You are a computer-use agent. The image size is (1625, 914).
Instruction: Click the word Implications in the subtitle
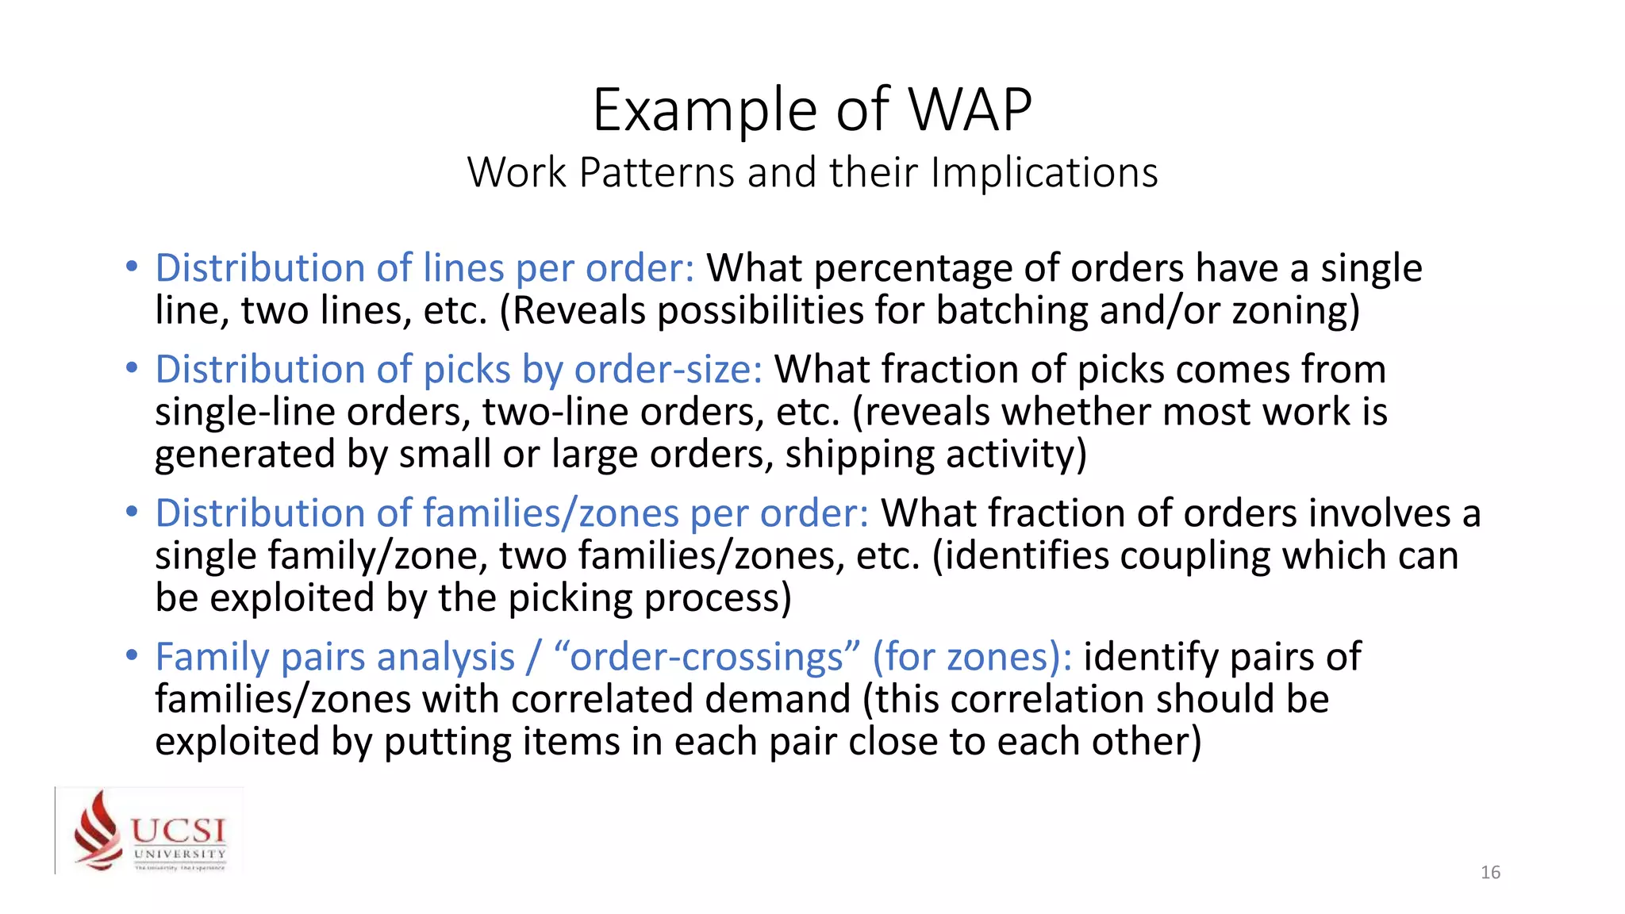pyautogui.click(x=1044, y=173)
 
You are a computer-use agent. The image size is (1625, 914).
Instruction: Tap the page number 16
pyautogui.click(x=1490, y=873)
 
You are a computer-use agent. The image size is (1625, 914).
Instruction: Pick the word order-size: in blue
pyautogui.click(x=668, y=370)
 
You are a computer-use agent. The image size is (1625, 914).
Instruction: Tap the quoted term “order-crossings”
pyautogui.click(x=707, y=658)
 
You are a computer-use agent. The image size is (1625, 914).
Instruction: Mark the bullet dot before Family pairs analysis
pyautogui.click(x=132, y=656)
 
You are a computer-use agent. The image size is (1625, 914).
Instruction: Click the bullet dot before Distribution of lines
pyautogui.click(x=132, y=267)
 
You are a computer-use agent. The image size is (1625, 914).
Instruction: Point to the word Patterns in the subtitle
pyautogui.click(x=657, y=173)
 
